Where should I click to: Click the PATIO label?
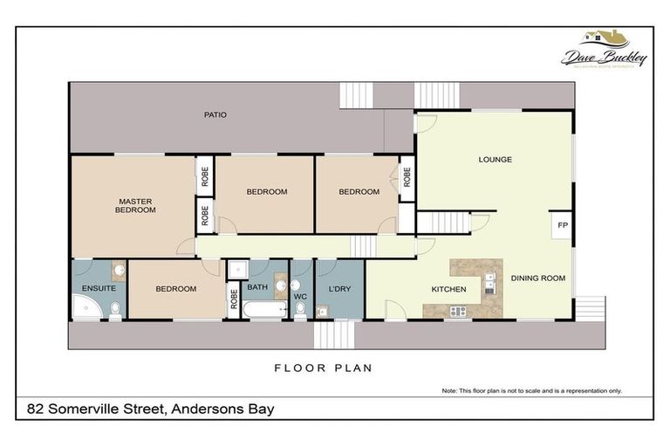(215, 114)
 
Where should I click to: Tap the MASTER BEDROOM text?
(136, 205)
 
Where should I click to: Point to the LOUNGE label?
(495, 160)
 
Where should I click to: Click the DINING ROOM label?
(537, 279)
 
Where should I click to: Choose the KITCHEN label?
(448, 289)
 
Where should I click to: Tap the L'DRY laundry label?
(338, 288)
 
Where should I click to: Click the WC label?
(301, 297)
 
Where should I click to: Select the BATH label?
(257, 286)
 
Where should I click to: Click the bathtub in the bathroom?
(264, 310)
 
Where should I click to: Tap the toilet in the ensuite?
(115, 308)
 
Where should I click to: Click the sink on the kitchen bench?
(490, 282)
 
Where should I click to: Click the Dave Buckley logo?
(605, 50)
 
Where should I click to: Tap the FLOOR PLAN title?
(323, 368)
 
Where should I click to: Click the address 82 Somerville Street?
(151, 409)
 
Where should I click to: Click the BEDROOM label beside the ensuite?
(176, 289)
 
